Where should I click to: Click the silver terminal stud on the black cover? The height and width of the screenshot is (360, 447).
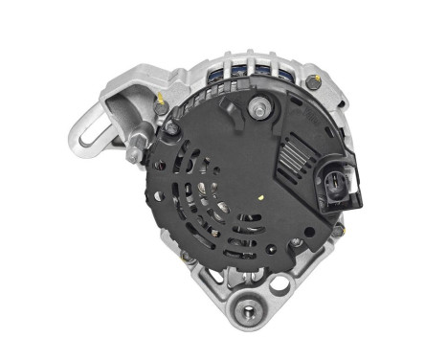(x=256, y=109)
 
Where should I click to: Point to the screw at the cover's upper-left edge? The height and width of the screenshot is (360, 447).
(x=173, y=125)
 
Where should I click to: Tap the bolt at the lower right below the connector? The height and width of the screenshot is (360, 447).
(x=338, y=231)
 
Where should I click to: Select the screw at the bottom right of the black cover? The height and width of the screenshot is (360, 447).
(x=298, y=243)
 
